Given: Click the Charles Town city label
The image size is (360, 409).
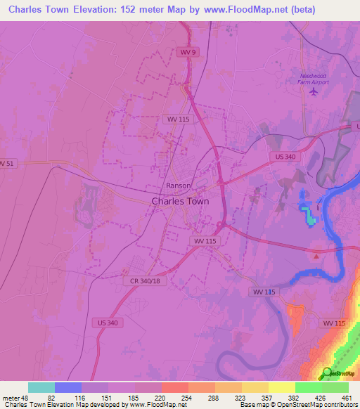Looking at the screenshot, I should [179, 200].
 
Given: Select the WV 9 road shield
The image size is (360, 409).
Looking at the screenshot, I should [185, 53].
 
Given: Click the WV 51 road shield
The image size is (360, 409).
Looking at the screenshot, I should [6, 163].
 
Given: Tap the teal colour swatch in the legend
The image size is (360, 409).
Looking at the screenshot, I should [41, 387].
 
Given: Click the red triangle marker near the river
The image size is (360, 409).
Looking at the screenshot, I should [317, 256].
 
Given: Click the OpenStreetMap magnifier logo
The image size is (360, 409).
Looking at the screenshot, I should [327, 372].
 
